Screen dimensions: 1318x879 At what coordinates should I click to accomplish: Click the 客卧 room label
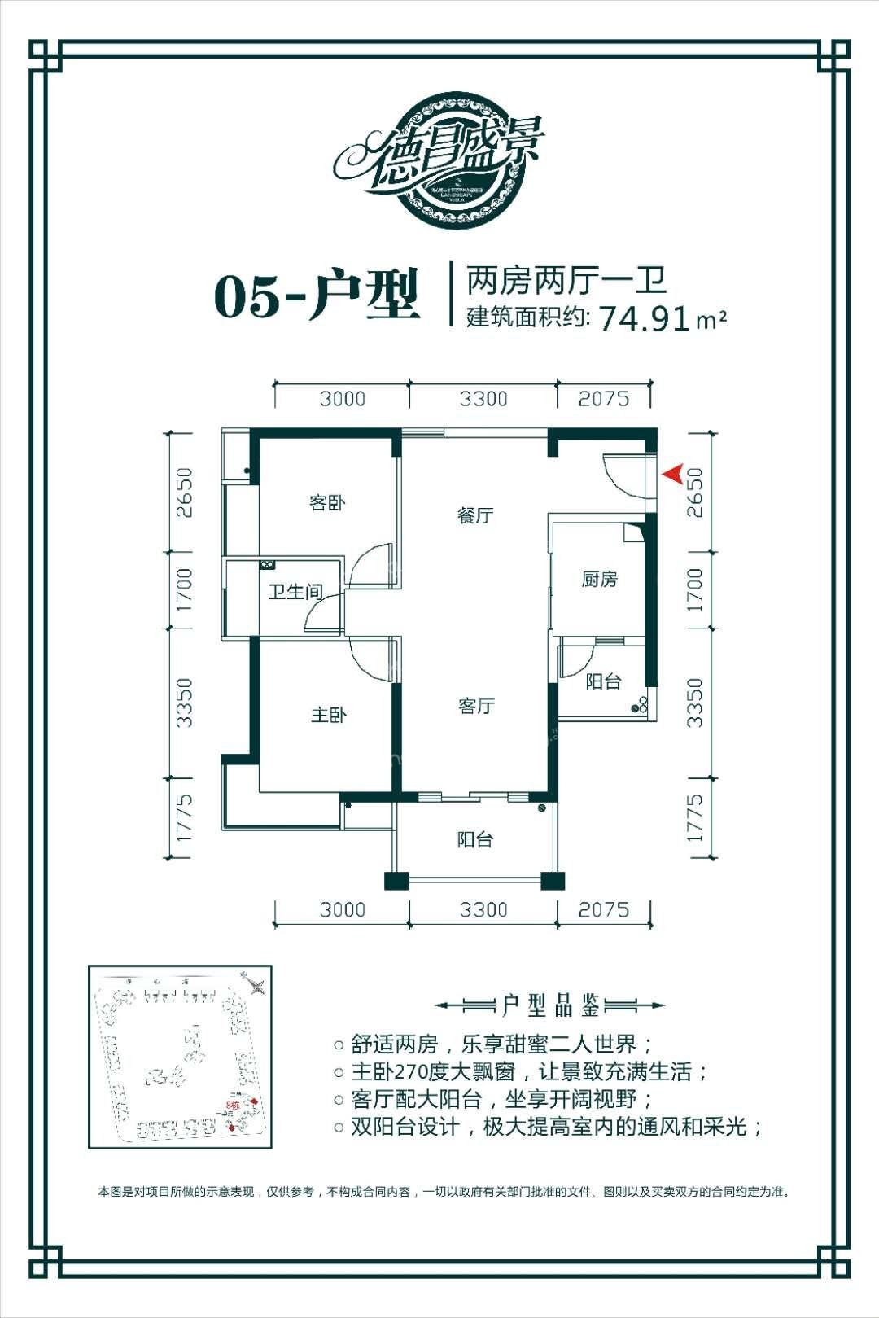pyautogui.click(x=327, y=502)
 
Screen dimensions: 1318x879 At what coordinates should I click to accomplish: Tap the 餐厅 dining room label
pyautogui.click(x=475, y=515)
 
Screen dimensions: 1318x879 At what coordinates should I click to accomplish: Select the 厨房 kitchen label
pyautogui.click(x=599, y=579)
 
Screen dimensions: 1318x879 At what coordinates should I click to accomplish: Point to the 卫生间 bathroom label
pyautogui.click(x=295, y=592)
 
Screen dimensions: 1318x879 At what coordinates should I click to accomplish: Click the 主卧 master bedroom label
pyautogui.click(x=329, y=715)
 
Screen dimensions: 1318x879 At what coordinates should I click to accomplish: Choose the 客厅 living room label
pyautogui.click(x=476, y=706)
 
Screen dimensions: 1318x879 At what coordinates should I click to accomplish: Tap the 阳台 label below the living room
pyautogui.click(x=474, y=839)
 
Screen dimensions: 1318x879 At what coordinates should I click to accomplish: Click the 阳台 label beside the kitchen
pyautogui.click(x=603, y=681)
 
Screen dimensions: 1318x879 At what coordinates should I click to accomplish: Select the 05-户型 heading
pyautogui.click(x=317, y=296)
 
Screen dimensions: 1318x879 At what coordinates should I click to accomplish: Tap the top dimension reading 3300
pyautogui.click(x=483, y=399)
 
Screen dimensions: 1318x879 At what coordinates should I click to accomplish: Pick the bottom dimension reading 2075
pyautogui.click(x=603, y=909)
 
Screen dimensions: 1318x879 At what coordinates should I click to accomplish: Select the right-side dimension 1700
pyautogui.click(x=693, y=589)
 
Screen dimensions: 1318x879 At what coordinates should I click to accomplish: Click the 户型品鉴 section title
pyautogui.click(x=550, y=1006)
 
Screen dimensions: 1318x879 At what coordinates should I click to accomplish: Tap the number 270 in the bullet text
pyautogui.click(x=417, y=1072)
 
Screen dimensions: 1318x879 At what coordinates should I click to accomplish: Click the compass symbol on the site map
pyautogui.click(x=256, y=987)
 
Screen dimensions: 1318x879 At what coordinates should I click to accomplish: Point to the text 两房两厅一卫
pyautogui.click(x=566, y=281)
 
